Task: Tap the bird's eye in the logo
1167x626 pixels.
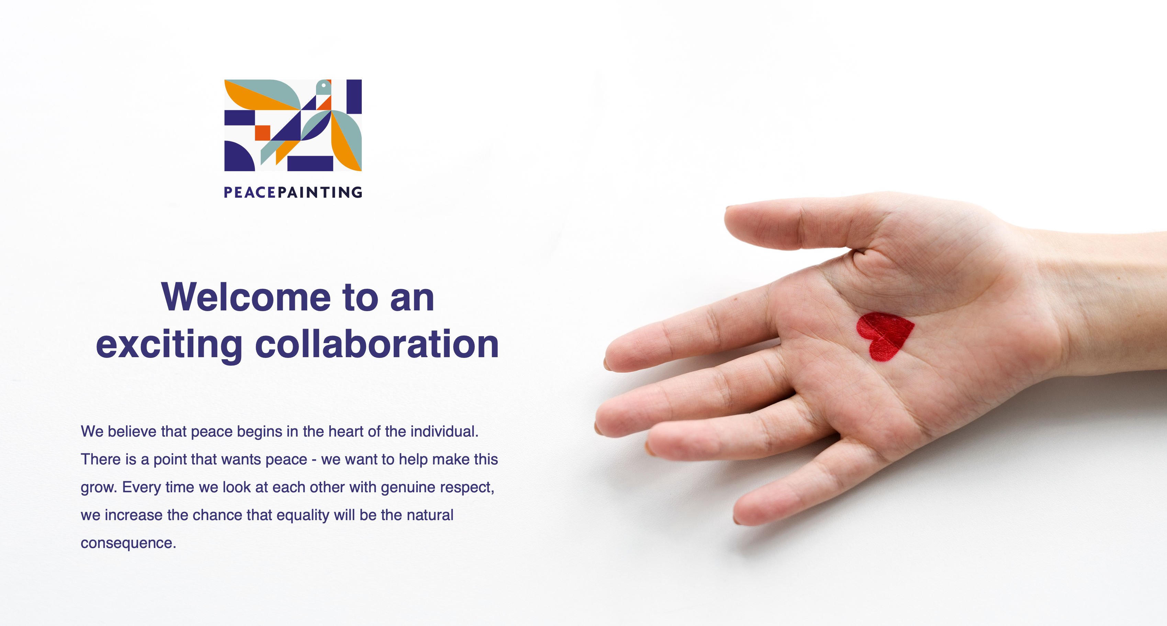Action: coord(324,85)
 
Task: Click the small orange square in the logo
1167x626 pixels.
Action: coord(262,133)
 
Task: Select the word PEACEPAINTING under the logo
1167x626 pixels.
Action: coord(293,192)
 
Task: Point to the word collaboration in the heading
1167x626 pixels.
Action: coord(377,344)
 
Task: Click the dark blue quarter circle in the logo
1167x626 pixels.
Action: coord(237,157)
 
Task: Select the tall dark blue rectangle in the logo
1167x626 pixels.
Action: coord(354,97)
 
